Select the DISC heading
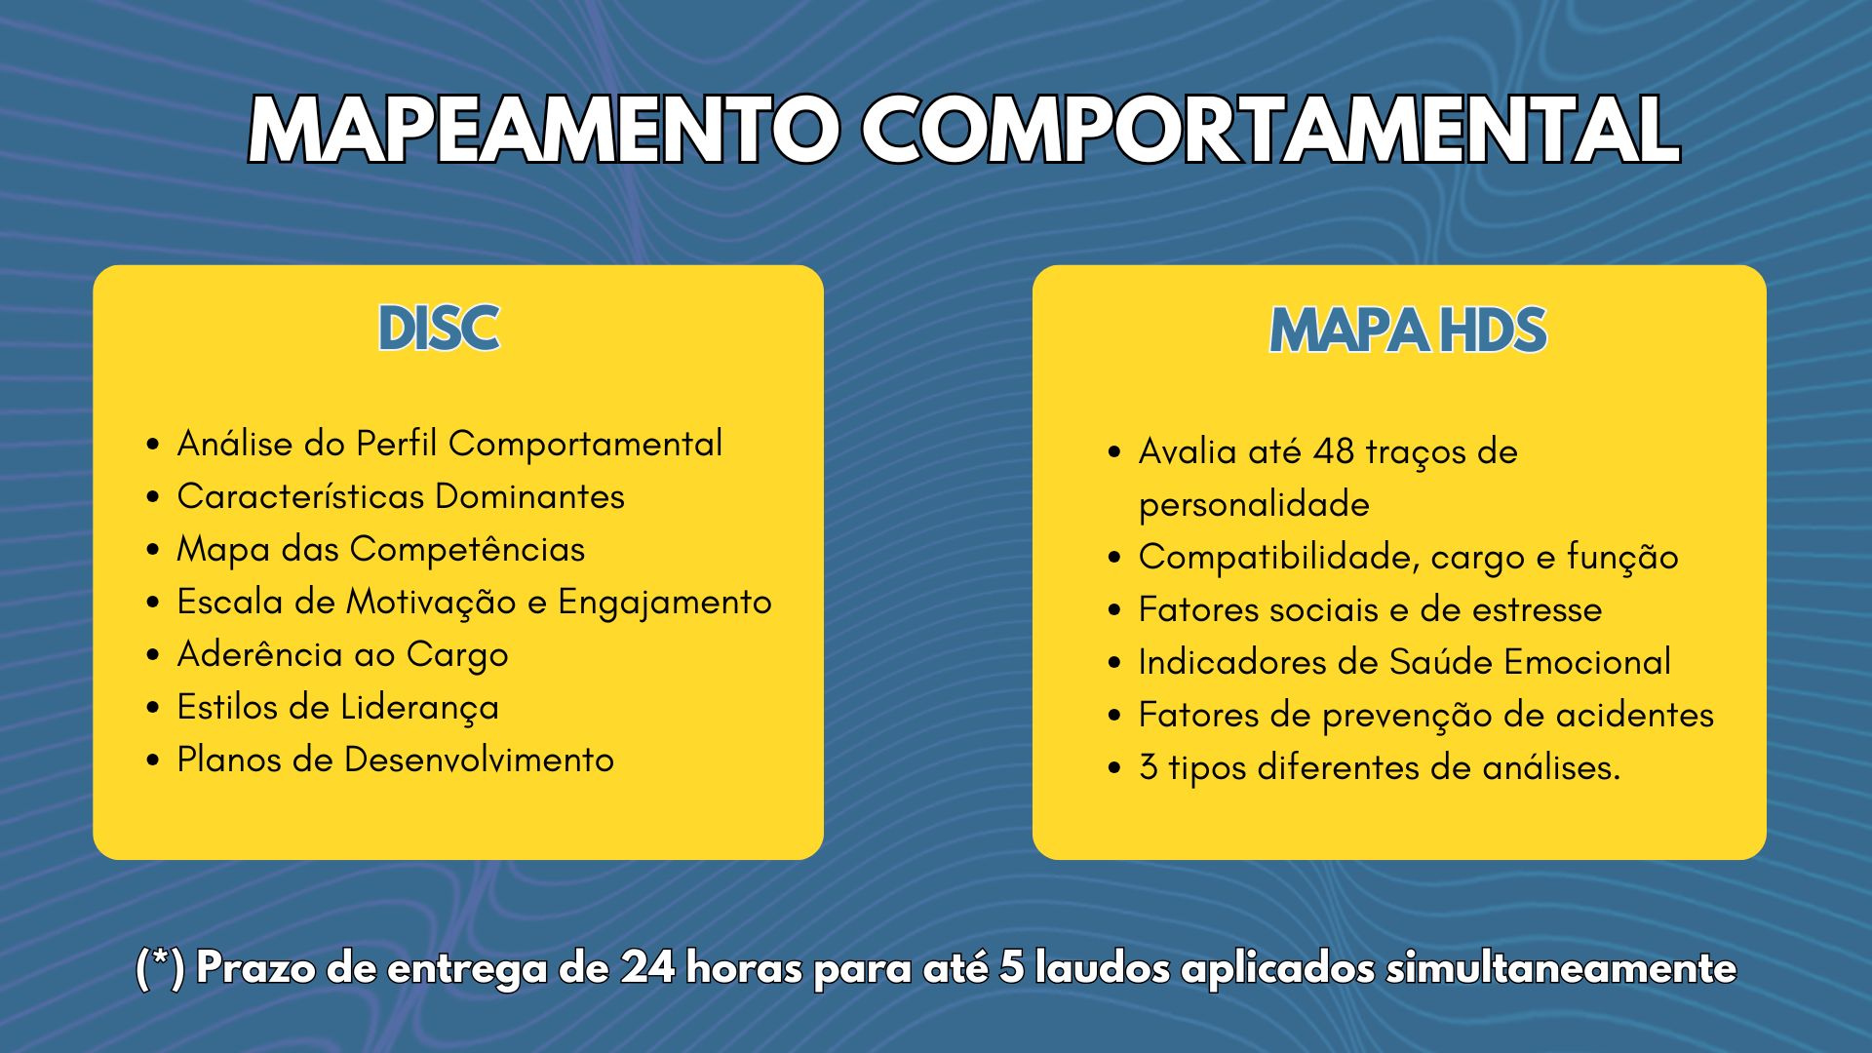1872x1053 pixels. (x=439, y=329)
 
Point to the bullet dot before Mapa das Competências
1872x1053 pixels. (x=153, y=551)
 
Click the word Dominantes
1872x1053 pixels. (x=529, y=496)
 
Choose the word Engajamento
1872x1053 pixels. (x=665, y=603)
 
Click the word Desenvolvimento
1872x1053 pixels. (x=479, y=760)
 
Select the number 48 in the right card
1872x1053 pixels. (x=1334, y=452)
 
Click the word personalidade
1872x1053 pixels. (x=1254, y=506)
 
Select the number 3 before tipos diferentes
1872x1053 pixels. (x=1149, y=768)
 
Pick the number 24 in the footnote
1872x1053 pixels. (x=644, y=969)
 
